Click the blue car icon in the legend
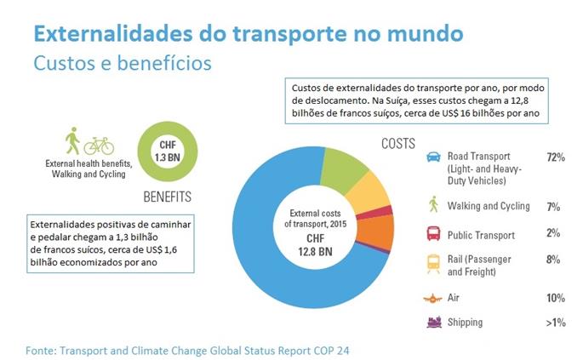tap(433, 157)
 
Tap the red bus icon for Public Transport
tap(433, 233)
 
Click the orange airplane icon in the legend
tap(433, 298)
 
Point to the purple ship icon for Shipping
tap(433, 323)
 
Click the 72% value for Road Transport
tap(556, 157)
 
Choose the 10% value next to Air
tap(556, 298)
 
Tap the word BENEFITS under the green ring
tap(167, 197)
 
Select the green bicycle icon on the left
tap(99, 145)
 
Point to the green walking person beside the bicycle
tap(72, 140)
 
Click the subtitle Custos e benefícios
tap(121, 64)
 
